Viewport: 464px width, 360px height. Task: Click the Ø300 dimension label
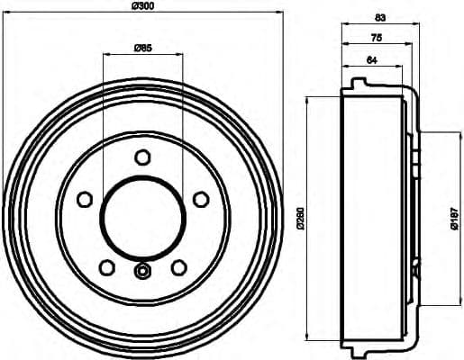tap(142, 6)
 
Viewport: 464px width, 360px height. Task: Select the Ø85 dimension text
tap(142, 47)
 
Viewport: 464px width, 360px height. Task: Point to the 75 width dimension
tap(375, 38)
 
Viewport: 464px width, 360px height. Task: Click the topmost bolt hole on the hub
tap(141, 157)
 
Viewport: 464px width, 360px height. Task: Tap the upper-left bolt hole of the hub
tap(86, 198)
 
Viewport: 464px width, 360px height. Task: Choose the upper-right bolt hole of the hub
tap(198, 198)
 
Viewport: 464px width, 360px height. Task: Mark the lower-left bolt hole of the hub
tap(107, 266)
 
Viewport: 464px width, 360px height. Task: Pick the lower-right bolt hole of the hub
tap(177, 266)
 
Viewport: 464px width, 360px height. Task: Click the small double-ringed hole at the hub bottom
tap(141, 271)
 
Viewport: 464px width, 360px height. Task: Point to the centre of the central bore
tap(141, 216)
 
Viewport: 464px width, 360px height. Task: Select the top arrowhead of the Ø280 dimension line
tap(310, 97)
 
